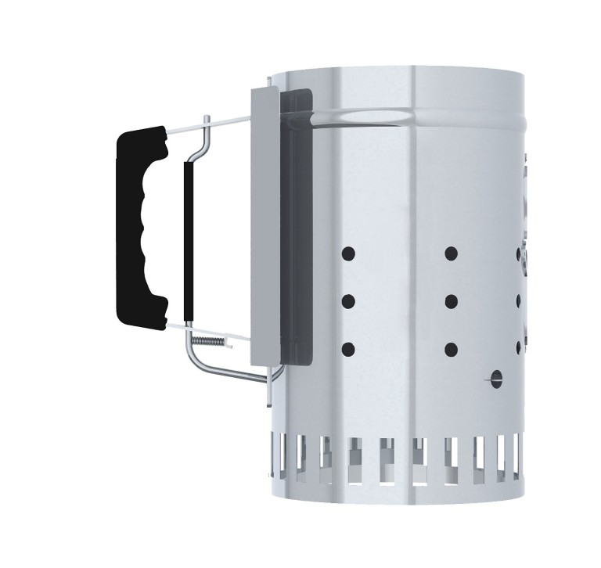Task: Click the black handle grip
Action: [x=141, y=227]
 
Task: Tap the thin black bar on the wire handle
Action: [x=188, y=239]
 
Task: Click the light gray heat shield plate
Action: [x=264, y=227]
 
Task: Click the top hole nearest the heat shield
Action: [x=348, y=253]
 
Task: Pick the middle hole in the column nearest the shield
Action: [x=348, y=301]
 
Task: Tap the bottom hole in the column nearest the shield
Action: [x=348, y=349]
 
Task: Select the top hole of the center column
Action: [x=451, y=253]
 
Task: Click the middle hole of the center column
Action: [x=451, y=301]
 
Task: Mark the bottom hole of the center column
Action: [x=451, y=349]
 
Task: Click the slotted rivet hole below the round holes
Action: [x=495, y=381]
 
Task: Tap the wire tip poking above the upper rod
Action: [x=206, y=119]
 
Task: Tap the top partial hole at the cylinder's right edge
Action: [x=519, y=253]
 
